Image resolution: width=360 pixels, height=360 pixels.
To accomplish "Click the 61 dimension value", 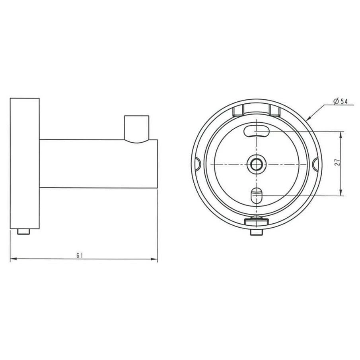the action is pos(79,255).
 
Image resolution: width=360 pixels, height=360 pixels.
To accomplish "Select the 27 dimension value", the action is pos(337,163).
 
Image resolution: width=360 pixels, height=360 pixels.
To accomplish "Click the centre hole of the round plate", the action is pos(256,164).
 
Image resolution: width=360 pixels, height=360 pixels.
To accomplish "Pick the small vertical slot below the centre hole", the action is pos(256,195).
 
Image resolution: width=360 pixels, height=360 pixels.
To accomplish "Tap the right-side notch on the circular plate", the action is pos(316,163).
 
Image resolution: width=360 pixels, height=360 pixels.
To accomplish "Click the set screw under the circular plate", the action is pos(256,232).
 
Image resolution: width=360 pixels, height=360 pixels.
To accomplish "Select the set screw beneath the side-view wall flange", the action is pos(24,232).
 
